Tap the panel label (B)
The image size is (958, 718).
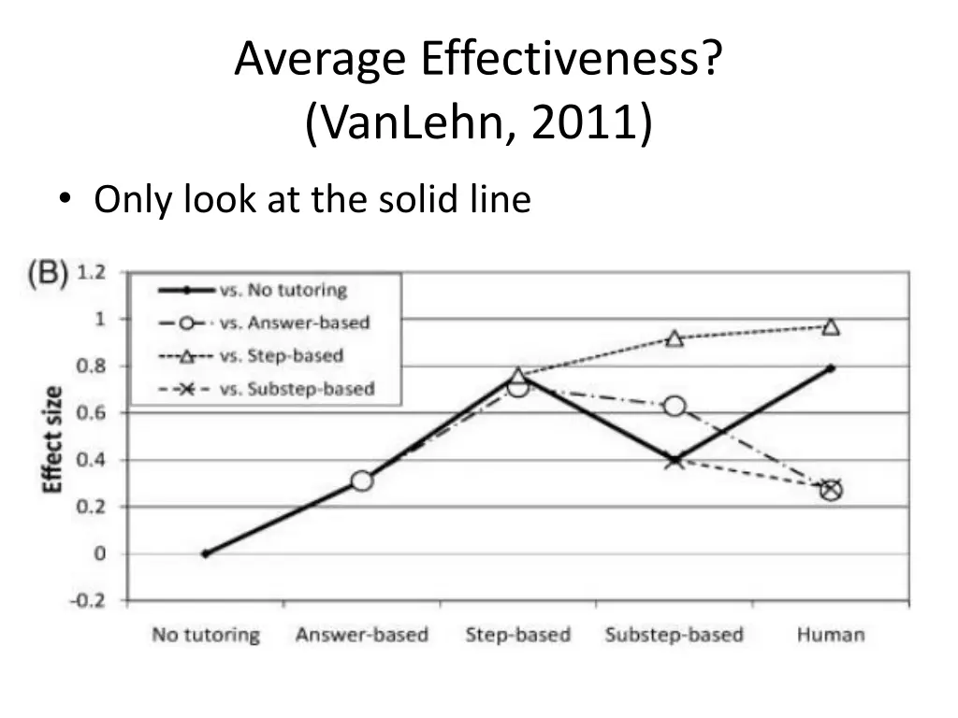(x=47, y=274)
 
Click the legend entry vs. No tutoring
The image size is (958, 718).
(x=283, y=290)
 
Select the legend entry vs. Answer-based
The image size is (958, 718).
(x=295, y=323)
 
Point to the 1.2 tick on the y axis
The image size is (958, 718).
(x=90, y=273)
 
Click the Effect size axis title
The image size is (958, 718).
(x=53, y=439)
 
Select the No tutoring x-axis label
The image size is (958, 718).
(x=206, y=635)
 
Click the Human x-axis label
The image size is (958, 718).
(x=831, y=635)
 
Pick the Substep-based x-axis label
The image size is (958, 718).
(x=674, y=635)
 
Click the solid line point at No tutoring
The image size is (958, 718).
(x=205, y=553)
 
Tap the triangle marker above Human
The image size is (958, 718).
(x=831, y=326)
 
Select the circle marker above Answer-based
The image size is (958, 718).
(x=362, y=481)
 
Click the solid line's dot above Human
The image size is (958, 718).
(x=831, y=368)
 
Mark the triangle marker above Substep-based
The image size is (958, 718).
(x=675, y=337)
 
